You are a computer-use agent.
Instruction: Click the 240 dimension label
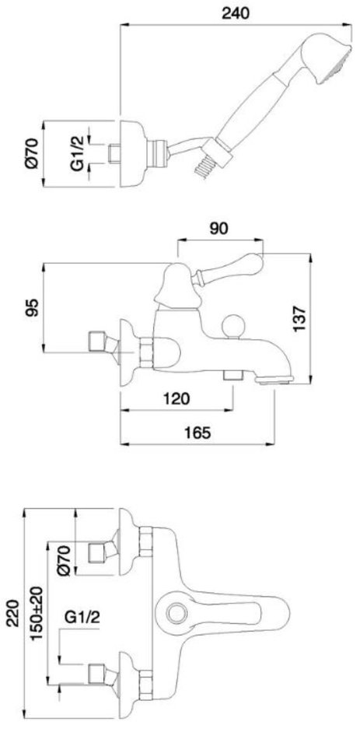[235, 13]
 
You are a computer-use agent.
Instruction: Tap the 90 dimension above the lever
[218, 228]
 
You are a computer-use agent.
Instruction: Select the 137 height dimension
[299, 319]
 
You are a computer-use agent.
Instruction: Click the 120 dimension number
[176, 398]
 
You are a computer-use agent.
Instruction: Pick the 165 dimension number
[197, 433]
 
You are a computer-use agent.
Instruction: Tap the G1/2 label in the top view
[77, 152]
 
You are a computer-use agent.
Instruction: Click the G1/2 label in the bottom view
[82, 617]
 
